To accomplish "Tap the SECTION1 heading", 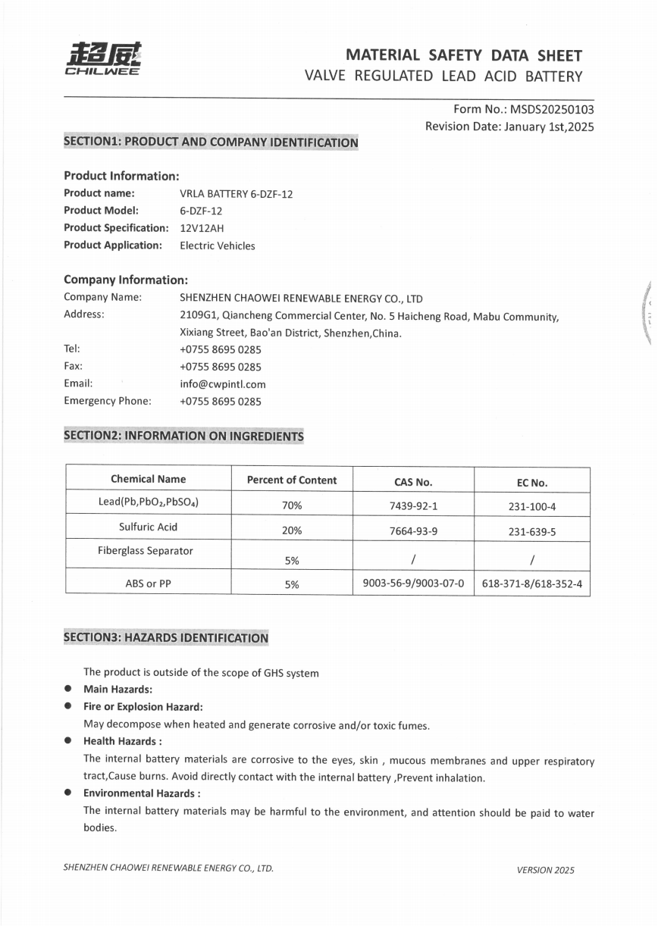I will pyautogui.click(x=211, y=142).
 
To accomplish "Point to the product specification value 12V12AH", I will pyautogui.click(x=202, y=228).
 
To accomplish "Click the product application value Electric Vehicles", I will pyautogui.click(x=217, y=246).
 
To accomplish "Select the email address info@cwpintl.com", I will pyautogui.click(x=223, y=383).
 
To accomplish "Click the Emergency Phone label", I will pyautogui.click(x=107, y=401).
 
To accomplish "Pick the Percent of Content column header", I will pyautogui.click(x=292, y=480).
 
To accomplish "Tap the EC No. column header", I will pyautogui.click(x=531, y=482).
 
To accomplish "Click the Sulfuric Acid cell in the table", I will pyautogui.click(x=148, y=527).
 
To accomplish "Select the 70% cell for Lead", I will pyautogui.click(x=292, y=505).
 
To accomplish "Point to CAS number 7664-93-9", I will pyautogui.click(x=413, y=531).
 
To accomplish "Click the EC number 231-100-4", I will pyautogui.click(x=531, y=506).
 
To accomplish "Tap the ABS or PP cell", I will pyautogui.click(x=148, y=583).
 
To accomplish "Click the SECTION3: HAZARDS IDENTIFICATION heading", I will pyautogui.click(x=166, y=638).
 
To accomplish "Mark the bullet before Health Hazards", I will pyautogui.click(x=68, y=740).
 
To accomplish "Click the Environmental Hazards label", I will pyautogui.click(x=141, y=793).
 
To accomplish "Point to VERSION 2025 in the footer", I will pyautogui.click(x=545, y=870).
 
